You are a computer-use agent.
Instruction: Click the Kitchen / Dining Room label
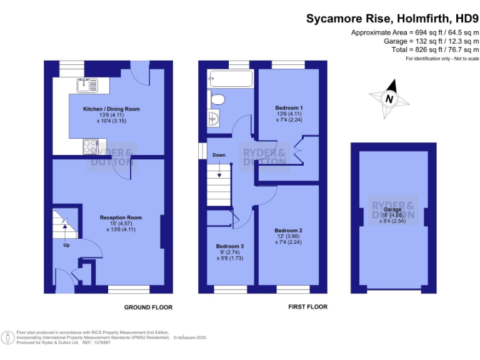(111, 109)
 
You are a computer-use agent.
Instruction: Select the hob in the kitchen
(88, 146)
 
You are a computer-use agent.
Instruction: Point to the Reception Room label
(121, 217)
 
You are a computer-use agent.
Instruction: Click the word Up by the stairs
(66, 245)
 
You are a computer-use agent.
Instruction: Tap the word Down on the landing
(219, 155)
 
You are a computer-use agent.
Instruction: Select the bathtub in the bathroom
(231, 79)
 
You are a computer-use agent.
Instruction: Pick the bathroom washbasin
(214, 117)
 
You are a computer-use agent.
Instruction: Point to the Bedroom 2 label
(288, 230)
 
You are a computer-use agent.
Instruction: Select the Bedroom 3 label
(230, 246)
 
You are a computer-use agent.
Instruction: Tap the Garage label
(392, 210)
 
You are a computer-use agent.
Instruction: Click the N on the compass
(389, 99)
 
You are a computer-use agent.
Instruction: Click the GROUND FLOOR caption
(148, 307)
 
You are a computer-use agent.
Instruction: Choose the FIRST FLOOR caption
(307, 307)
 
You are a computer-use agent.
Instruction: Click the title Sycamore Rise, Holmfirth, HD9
(392, 19)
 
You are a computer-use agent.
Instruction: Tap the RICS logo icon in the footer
(8, 337)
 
